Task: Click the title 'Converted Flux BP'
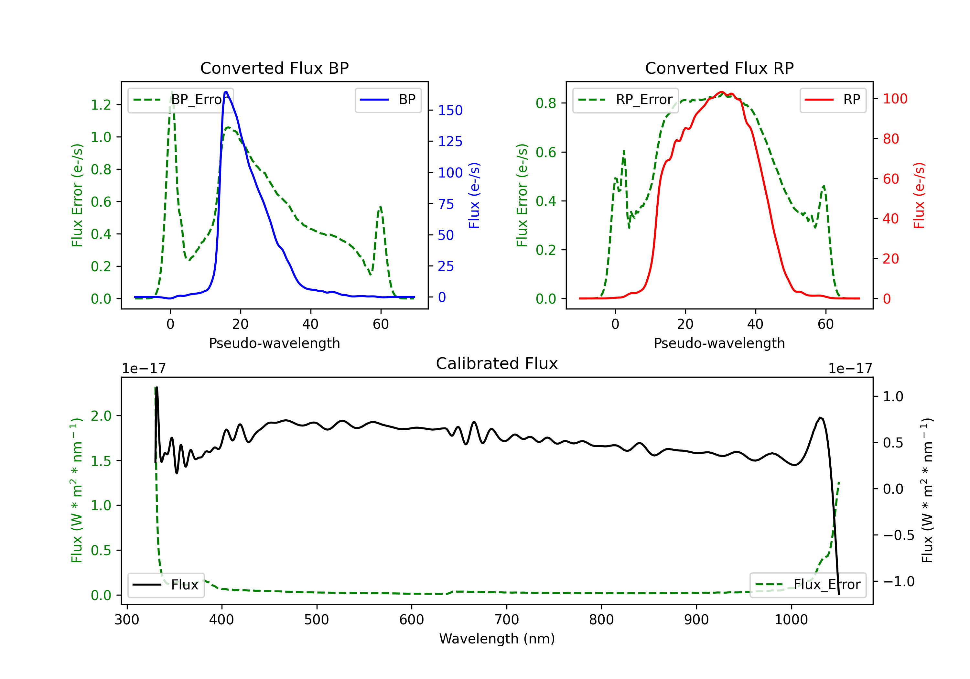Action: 274,68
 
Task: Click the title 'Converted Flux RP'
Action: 719,68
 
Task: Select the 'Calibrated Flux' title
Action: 497,363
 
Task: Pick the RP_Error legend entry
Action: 625,100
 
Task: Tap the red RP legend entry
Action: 833,100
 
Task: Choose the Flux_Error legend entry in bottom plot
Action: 808,585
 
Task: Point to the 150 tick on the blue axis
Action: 450,110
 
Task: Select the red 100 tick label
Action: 895,99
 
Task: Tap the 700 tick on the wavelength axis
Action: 507,620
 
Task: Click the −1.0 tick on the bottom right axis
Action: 899,582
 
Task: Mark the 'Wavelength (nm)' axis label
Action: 497,639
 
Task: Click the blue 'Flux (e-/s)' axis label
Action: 474,195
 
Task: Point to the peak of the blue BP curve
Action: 226,92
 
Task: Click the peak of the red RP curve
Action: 722,92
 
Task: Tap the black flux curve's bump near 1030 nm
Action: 820,418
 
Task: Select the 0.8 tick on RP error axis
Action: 546,103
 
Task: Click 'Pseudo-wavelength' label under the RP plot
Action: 719,343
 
